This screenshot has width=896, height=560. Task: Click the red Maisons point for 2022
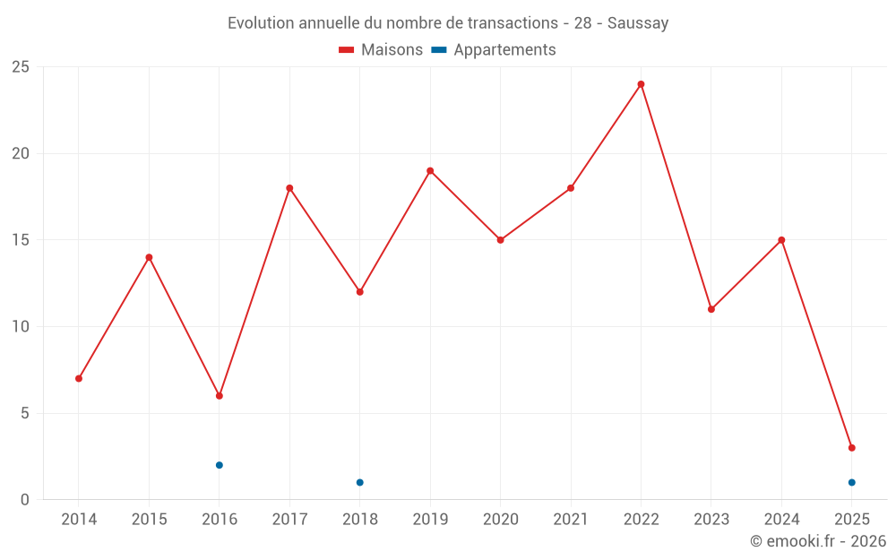coord(641,84)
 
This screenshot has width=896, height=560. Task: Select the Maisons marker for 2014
coord(79,378)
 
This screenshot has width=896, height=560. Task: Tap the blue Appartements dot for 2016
coord(219,465)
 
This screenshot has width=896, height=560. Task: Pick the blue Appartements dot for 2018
coord(359,482)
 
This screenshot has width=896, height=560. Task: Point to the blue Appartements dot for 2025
coord(851,482)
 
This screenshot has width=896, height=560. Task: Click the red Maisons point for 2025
coord(851,448)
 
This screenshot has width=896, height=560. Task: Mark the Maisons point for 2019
coord(430,171)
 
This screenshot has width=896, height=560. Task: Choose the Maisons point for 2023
coord(711,309)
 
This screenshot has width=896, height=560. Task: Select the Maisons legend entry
coord(381,50)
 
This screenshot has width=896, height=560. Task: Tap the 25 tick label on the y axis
coord(21,67)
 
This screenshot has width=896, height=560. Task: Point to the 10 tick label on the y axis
coord(21,327)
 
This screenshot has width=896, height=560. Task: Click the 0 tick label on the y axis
coord(25,500)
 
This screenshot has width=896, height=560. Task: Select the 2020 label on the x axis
coord(500,520)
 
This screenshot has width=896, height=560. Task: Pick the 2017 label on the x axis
coord(289,520)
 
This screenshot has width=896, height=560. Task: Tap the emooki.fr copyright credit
coord(818,541)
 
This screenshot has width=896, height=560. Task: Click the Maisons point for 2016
coord(219,396)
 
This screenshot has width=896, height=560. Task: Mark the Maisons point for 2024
coord(781,240)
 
